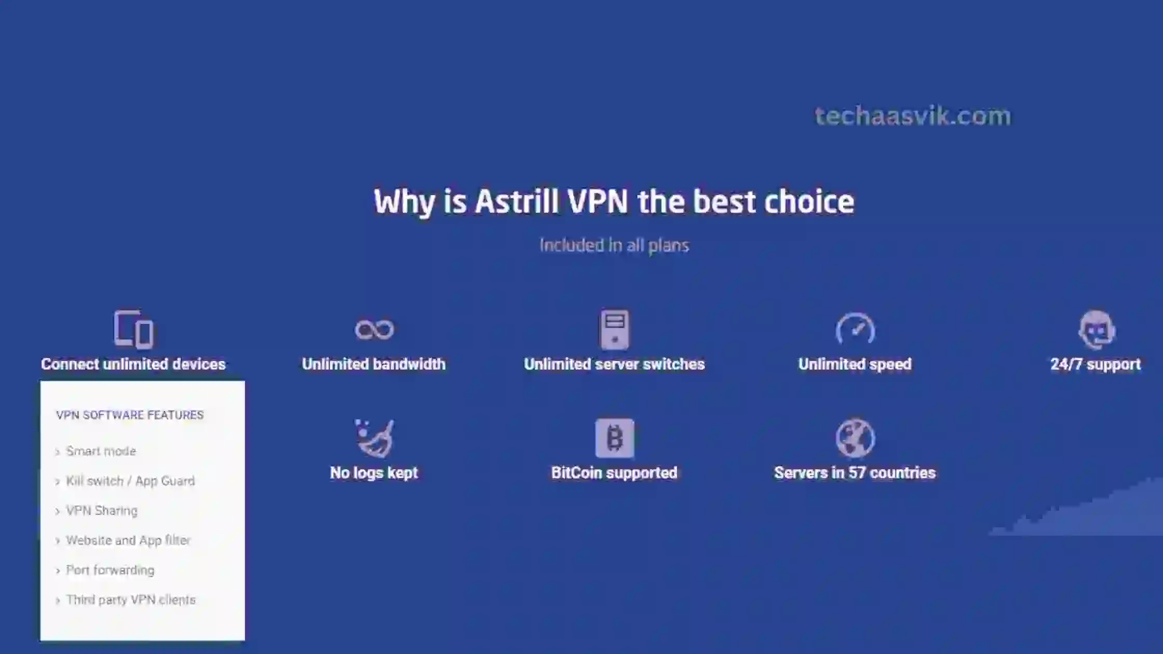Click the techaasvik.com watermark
coord(913,116)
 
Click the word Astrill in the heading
coord(517,201)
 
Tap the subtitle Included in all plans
coord(614,245)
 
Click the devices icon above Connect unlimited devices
coord(133,329)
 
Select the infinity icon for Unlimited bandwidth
coord(374,330)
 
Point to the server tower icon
coord(615,330)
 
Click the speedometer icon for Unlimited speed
coord(855,329)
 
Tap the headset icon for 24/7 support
coord(1096,330)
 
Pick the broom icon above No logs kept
coord(374,438)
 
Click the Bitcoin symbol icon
coord(615,438)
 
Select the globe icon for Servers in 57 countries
coord(855,438)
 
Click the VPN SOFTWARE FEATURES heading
coord(130,415)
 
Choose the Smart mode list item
coord(101,451)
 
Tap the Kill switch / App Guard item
coord(130,481)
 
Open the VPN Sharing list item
coord(102,511)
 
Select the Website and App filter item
coord(128,540)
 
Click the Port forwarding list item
coord(110,570)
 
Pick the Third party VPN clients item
coord(131,600)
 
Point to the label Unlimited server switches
coord(614,364)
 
